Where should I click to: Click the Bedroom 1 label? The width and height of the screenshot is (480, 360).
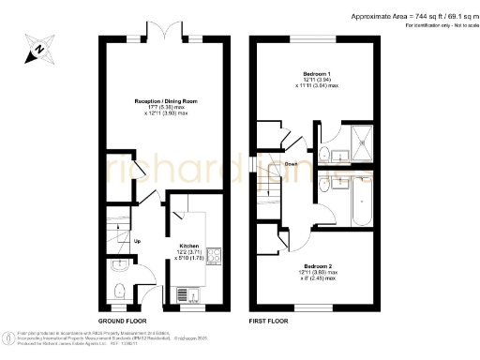tap(316, 73)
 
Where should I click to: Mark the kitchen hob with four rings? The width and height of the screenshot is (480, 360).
tap(213, 254)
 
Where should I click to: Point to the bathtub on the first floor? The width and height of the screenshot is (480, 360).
tap(361, 200)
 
